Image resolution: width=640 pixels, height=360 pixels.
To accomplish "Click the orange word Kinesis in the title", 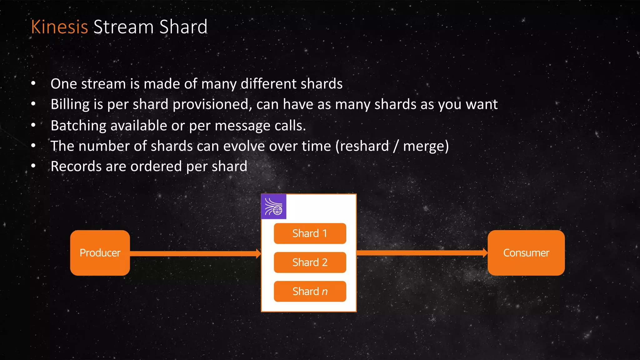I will pyautogui.click(x=59, y=27).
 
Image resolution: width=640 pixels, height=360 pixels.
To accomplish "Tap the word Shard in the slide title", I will pyautogui.click(x=183, y=27).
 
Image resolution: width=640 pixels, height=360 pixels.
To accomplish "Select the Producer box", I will pyautogui.click(x=100, y=253).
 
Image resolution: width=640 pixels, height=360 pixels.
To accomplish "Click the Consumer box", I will pyautogui.click(x=526, y=253).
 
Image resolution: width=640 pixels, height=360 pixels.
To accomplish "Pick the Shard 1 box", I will pyautogui.click(x=310, y=233).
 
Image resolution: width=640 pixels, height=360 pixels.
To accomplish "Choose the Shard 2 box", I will pyautogui.click(x=310, y=262).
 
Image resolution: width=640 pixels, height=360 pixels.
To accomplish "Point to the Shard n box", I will pyautogui.click(x=310, y=291).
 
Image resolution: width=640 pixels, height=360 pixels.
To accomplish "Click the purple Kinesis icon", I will pyautogui.click(x=274, y=207).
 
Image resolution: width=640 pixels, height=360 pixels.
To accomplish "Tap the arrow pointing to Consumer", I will pyautogui.click(x=422, y=253).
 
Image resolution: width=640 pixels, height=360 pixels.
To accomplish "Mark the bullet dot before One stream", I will pyautogui.click(x=33, y=83).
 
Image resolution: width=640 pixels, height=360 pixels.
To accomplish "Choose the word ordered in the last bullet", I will pyautogui.click(x=156, y=166).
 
